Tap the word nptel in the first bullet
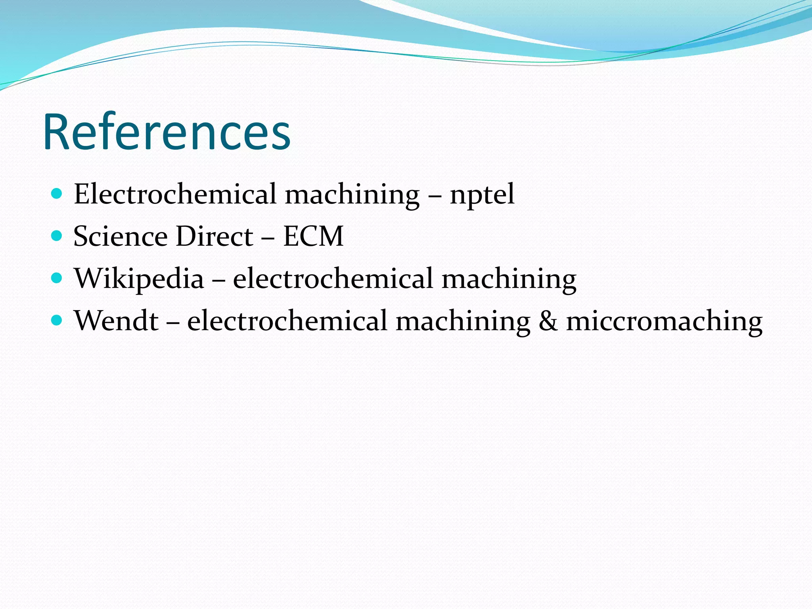click(x=482, y=194)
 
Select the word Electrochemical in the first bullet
click(x=175, y=194)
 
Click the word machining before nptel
click(x=352, y=195)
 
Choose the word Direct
click(x=214, y=236)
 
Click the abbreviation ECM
click(x=313, y=236)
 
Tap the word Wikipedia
click(x=139, y=279)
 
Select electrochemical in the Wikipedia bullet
click(x=333, y=278)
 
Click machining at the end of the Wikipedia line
click(x=509, y=279)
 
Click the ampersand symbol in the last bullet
click(x=548, y=321)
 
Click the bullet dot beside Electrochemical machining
click(x=57, y=194)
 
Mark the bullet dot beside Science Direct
click(x=57, y=236)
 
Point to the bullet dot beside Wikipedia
click(x=57, y=278)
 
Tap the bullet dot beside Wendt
click(x=57, y=320)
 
